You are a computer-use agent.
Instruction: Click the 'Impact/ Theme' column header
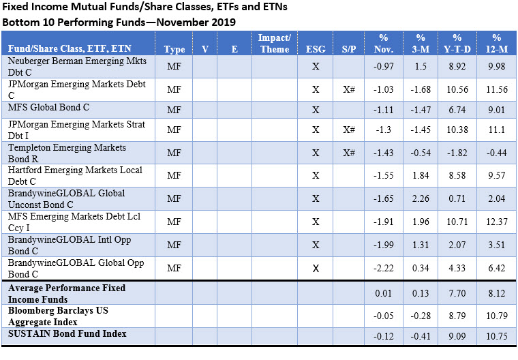pyautogui.click(x=275, y=43)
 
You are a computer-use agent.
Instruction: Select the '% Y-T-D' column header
pyautogui.click(x=457, y=43)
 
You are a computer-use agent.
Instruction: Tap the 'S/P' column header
pyautogui.click(x=348, y=49)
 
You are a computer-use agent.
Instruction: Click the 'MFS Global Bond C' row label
pyautogui.click(x=48, y=108)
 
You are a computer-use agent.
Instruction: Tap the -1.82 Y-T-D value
pyautogui.click(x=457, y=153)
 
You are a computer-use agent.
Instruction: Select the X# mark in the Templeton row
pyautogui.click(x=348, y=153)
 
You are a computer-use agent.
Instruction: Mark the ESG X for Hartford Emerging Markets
pyautogui.click(x=316, y=175)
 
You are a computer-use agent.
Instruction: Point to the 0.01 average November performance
pyautogui.click(x=383, y=293)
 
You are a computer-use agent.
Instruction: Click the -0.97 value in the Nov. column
pyautogui.click(x=383, y=65)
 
